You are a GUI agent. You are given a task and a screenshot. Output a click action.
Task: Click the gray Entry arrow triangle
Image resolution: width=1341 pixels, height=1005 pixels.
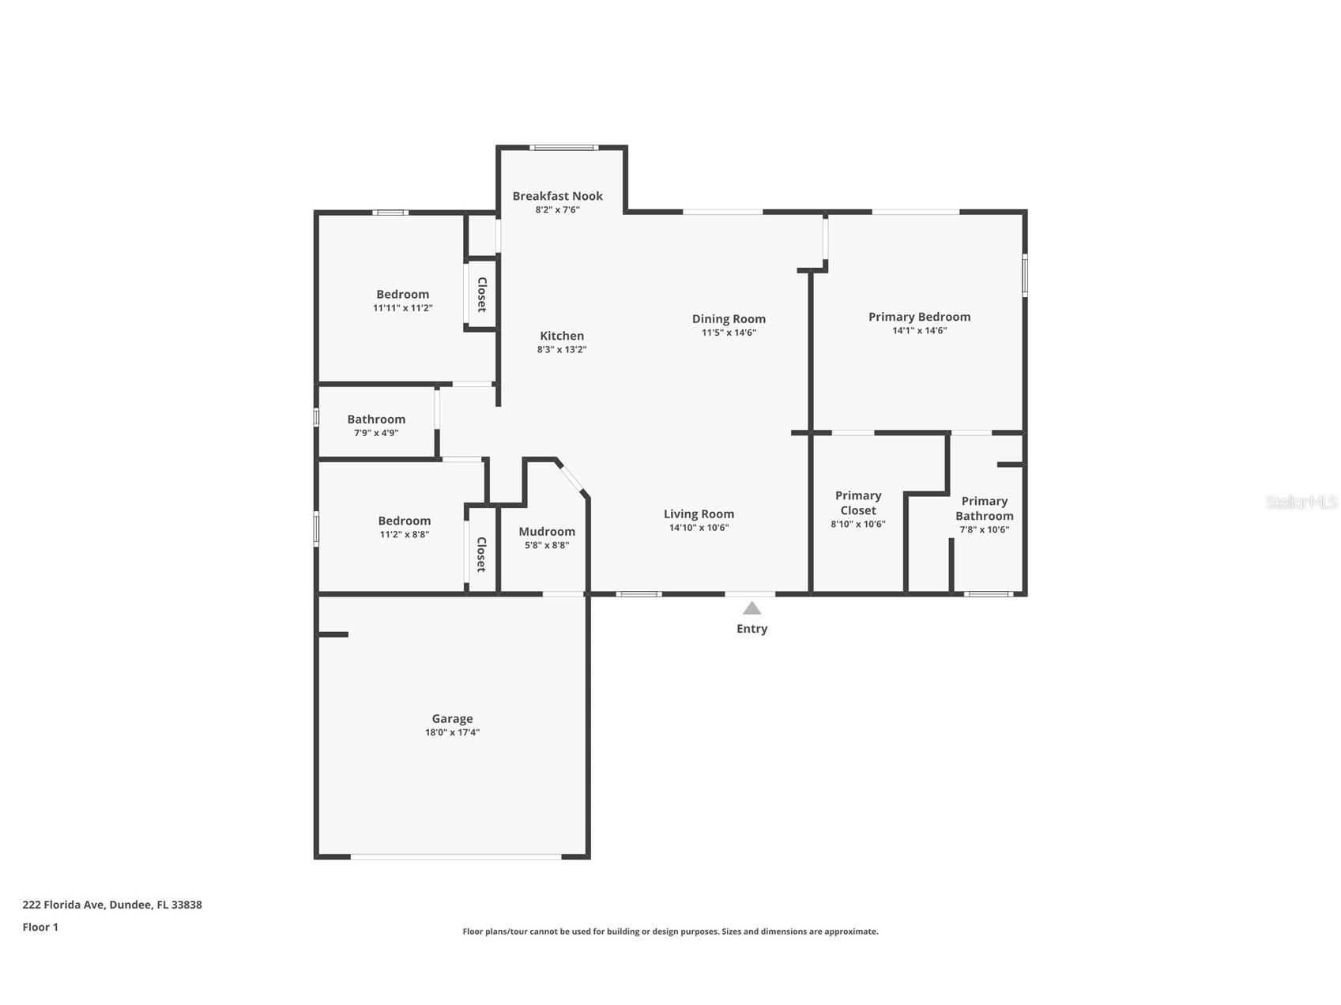coord(751,608)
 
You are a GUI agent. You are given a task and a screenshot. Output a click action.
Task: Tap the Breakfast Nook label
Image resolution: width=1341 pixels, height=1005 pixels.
coord(557,196)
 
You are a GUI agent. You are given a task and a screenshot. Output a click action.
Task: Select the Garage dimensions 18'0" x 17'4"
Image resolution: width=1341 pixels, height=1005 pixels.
coord(452,732)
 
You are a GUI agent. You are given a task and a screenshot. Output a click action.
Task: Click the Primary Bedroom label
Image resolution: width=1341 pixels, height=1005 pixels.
coord(919,317)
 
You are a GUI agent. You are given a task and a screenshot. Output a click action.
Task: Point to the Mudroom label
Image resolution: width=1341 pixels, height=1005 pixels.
coord(547,532)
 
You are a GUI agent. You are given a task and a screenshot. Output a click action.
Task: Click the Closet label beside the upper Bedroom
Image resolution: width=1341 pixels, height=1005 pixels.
coord(481,294)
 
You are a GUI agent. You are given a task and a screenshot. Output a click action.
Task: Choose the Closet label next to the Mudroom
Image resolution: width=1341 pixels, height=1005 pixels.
coord(480,554)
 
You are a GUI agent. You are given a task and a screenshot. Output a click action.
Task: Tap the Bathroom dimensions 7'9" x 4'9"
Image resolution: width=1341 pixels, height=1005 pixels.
coord(376,433)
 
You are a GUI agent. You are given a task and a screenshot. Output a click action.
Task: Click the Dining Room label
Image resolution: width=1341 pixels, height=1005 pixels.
coord(729,319)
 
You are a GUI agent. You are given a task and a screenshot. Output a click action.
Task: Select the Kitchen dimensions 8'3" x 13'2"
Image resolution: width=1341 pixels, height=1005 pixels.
coord(562,349)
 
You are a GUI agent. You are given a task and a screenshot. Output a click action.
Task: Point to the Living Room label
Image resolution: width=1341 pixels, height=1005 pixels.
coord(699,514)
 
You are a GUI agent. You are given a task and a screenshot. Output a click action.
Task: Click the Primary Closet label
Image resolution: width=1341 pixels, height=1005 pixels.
coord(858,502)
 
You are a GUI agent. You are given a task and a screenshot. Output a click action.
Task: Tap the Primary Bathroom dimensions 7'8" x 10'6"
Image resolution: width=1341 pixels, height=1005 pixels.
coord(984,529)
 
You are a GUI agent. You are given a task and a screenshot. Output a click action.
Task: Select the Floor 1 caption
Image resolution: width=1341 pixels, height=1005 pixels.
coord(40,927)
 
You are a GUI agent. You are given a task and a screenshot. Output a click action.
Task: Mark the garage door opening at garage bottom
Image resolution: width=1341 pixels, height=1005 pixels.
coord(456,856)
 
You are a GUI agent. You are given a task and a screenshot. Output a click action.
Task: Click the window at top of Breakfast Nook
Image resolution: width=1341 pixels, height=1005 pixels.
coord(563,147)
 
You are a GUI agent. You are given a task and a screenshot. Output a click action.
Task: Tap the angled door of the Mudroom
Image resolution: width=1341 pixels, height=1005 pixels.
coord(571,477)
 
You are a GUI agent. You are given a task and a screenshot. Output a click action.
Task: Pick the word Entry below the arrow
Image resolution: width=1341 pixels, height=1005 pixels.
coord(751,629)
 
